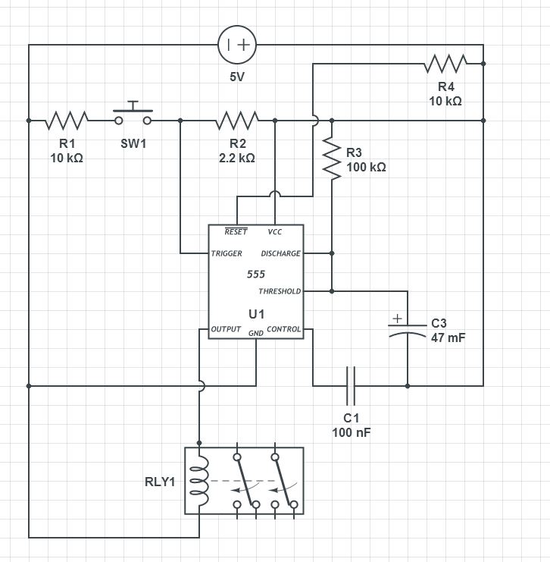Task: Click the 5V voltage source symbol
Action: [237, 45]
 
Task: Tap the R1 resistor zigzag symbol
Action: [67, 121]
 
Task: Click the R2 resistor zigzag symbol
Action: [237, 121]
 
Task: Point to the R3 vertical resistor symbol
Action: [332, 159]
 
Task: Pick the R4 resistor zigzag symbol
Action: [445, 64]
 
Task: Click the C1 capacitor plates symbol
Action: [351, 386]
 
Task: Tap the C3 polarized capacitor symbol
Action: [408, 326]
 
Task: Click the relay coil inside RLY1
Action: [199, 481]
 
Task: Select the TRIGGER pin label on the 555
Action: [227, 253]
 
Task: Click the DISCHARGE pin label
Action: [281, 253]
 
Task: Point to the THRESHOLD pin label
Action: [280, 291]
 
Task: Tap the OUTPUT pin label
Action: [226, 329]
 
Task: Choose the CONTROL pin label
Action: [283, 329]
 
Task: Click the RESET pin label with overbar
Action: [236, 231]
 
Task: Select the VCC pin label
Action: [275, 232]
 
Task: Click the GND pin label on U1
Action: [256, 333]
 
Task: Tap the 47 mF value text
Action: [448, 338]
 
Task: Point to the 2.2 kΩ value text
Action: [237, 158]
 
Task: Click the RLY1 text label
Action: [160, 482]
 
